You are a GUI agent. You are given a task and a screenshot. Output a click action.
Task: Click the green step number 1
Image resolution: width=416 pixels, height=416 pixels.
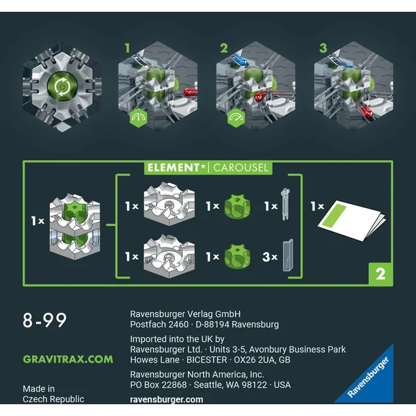128,49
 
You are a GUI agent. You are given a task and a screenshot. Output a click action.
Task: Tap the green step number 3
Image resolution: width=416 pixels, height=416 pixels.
323,49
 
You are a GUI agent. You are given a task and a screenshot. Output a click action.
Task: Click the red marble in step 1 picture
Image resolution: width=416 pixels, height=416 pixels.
190,93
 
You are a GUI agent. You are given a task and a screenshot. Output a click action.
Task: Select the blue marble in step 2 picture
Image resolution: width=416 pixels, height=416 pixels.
239,60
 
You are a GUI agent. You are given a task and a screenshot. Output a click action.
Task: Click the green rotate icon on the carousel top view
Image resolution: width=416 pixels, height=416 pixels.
62,87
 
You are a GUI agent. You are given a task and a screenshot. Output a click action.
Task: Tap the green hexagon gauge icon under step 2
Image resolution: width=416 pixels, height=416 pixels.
236,118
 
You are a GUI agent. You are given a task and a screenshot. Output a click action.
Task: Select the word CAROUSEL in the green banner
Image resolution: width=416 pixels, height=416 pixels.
241,168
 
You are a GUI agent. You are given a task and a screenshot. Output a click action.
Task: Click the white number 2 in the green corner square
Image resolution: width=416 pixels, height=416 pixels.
380,274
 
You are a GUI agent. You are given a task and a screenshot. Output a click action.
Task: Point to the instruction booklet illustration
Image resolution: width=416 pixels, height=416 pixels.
352,220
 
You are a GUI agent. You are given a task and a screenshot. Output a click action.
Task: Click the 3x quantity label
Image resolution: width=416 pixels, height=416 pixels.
270,257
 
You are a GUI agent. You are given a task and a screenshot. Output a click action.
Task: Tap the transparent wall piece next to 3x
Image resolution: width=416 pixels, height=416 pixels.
288,255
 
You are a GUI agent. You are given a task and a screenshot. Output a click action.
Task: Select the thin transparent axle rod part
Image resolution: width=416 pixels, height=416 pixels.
285,204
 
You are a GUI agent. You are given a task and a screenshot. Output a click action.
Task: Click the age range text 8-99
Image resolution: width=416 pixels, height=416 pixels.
44,320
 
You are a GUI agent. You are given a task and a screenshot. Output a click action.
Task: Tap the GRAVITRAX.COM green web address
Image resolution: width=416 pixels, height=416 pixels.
68,359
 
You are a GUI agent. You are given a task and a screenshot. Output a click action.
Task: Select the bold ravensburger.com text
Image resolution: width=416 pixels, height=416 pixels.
166,399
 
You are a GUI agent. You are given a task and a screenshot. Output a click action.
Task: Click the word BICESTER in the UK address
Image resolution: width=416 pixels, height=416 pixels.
207,360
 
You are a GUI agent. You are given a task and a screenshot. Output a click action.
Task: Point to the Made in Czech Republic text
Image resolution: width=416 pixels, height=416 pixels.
53,394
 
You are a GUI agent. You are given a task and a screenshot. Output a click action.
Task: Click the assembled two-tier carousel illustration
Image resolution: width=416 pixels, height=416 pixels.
75,227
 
